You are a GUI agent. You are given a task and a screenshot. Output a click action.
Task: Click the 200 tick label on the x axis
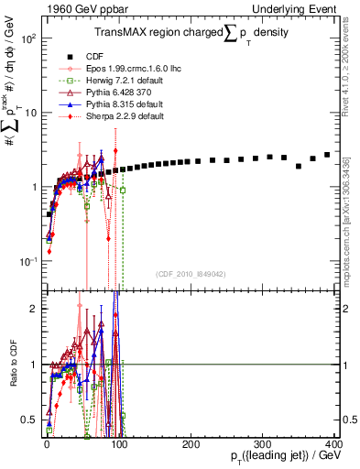[x=190, y=443]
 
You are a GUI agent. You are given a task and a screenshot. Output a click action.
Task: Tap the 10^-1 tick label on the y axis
[x=28, y=261]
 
